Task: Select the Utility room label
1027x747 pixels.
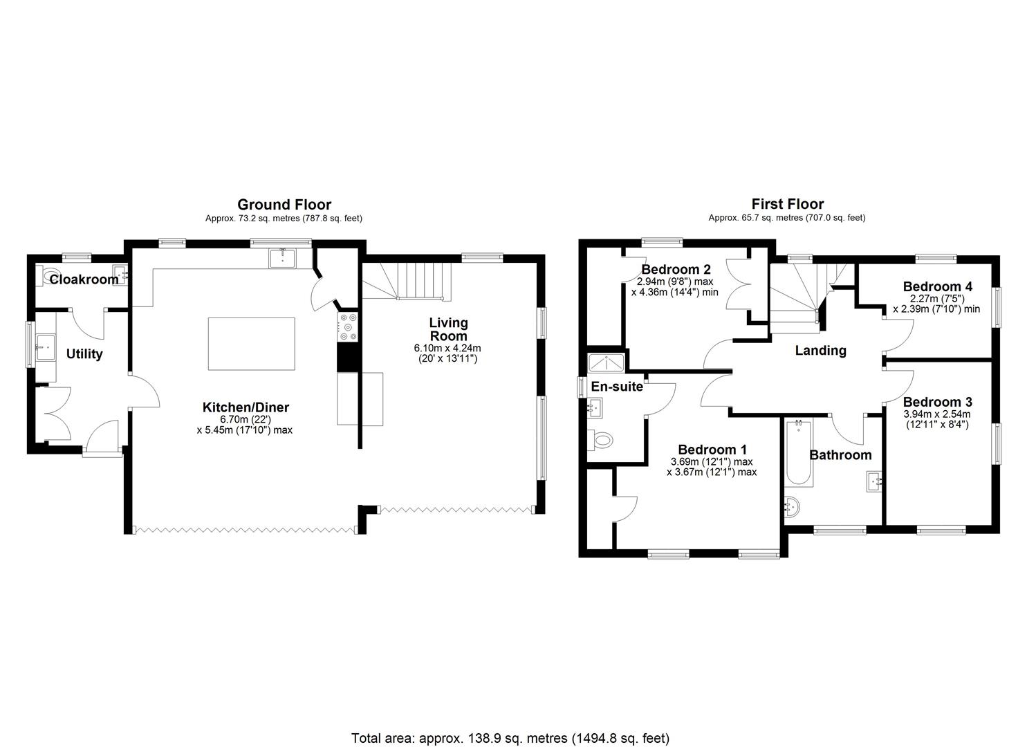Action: tap(84, 354)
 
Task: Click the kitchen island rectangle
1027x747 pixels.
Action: tap(252, 344)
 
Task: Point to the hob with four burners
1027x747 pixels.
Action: tap(347, 327)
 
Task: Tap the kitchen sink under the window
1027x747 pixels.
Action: tap(282, 258)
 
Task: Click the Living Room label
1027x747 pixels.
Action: tap(448, 329)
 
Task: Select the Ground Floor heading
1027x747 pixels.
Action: tap(284, 204)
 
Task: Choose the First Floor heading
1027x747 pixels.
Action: tap(787, 204)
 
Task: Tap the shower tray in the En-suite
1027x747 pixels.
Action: tap(605, 363)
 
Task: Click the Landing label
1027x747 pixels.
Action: tap(820, 351)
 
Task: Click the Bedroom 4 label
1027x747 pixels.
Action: tap(937, 286)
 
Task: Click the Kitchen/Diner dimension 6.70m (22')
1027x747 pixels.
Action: tap(244, 420)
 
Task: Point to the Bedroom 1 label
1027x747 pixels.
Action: tap(712, 449)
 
